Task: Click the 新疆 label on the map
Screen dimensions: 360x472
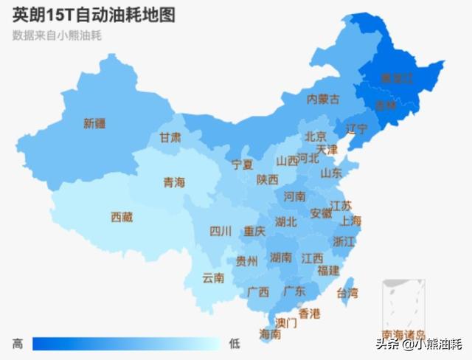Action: point(94,124)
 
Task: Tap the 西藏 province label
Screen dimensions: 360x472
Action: point(122,217)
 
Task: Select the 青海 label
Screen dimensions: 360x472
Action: point(174,182)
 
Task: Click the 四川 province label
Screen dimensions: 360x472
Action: point(221,232)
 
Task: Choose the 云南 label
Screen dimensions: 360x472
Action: point(213,278)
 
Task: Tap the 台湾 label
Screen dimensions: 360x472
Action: point(347,293)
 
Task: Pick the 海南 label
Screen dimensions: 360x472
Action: point(270,334)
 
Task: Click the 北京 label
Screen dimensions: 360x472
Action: point(316,136)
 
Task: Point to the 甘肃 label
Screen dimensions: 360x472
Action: point(170,137)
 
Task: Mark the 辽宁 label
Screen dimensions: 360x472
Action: point(357,128)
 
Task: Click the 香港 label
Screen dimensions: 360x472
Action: point(310,314)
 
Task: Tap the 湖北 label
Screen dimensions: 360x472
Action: point(285,221)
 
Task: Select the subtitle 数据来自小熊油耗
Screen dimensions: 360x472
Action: point(57,35)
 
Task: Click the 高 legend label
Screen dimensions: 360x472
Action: point(18,343)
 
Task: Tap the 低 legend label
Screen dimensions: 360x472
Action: point(235,343)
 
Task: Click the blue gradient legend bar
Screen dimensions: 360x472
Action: point(126,343)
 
